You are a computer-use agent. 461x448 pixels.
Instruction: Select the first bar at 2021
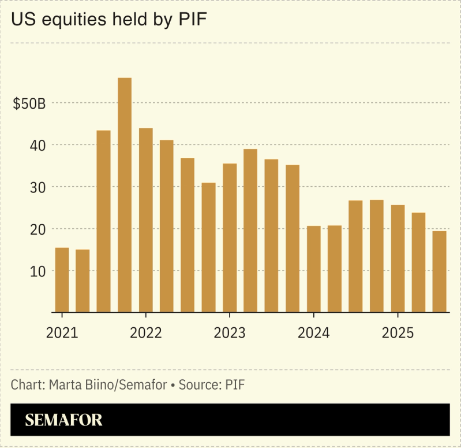tap(62, 280)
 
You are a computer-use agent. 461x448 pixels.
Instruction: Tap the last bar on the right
tap(439, 271)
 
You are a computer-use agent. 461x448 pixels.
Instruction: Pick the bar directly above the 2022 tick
tap(146, 220)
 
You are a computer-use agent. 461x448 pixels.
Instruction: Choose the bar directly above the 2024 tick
tap(313, 269)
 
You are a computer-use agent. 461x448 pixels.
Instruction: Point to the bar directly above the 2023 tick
tap(230, 238)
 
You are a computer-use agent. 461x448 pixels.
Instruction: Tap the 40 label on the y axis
tap(37, 145)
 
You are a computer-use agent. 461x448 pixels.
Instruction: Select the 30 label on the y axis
tap(37, 187)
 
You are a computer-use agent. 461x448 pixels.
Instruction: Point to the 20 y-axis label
tap(37, 229)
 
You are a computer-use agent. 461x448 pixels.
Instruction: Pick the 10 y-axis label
tap(37, 271)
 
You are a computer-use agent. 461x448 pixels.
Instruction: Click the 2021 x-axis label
tap(62, 334)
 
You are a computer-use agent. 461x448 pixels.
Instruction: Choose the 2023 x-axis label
tap(230, 334)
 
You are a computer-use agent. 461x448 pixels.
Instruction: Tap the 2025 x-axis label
tap(398, 334)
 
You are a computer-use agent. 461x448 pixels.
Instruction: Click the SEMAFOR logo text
tap(63, 420)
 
